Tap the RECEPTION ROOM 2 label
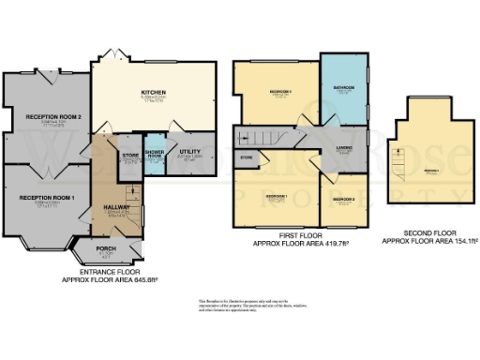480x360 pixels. coord(49,117)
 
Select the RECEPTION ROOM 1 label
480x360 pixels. coord(47,198)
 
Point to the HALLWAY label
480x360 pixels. coord(116,207)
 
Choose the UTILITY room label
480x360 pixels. coord(191,151)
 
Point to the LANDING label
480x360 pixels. coord(344,147)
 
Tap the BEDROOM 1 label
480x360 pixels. coord(276,195)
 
